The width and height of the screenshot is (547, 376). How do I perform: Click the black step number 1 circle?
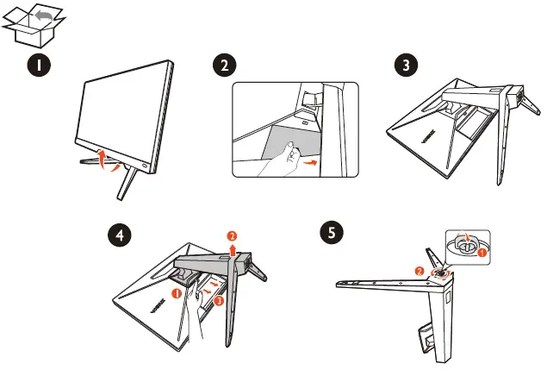pyautogui.click(x=39, y=66)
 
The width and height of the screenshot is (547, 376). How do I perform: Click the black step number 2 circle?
pyautogui.click(x=225, y=66)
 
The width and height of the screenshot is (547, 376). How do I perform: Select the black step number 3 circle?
pyautogui.click(x=406, y=66)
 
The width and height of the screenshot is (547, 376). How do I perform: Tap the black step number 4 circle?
pyautogui.click(x=120, y=235)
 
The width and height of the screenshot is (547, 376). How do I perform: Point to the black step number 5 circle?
pyautogui.click(x=332, y=232)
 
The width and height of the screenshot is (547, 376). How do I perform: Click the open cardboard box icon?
pyautogui.click(x=33, y=26)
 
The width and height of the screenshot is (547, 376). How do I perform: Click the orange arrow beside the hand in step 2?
pyautogui.click(x=310, y=162)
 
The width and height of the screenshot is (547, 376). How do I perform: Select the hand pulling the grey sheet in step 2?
pyautogui.click(x=279, y=160)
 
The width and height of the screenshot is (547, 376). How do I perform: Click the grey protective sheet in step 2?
pyautogui.click(x=294, y=140)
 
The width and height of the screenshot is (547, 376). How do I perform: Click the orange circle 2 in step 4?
pyautogui.click(x=232, y=236)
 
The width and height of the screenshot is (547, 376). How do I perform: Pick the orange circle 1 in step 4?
pyautogui.click(x=177, y=293)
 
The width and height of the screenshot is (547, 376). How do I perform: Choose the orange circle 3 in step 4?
pyautogui.click(x=219, y=300)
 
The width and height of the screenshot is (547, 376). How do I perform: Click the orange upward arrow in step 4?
pyautogui.click(x=233, y=250)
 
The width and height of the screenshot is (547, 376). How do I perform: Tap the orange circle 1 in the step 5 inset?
pyautogui.click(x=482, y=252)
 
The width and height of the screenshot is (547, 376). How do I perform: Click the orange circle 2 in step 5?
pyautogui.click(x=420, y=272)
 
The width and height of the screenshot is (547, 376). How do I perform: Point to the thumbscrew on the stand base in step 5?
pyautogui.click(x=440, y=273)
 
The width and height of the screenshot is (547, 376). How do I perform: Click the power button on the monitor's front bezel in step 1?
pyautogui.click(x=145, y=165)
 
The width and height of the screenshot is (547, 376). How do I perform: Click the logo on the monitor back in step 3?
pyautogui.click(x=427, y=136)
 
